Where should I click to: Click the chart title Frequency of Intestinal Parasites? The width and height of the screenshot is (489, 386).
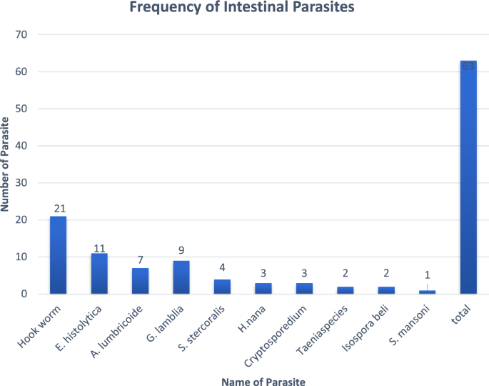pyautogui.click(x=244, y=9)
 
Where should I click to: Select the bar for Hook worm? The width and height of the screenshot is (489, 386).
pyautogui.click(x=58, y=254)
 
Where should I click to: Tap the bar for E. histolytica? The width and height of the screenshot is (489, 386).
pyautogui.click(x=99, y=273)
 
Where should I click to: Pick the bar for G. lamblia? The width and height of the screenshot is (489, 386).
pyautogui.click(x=181, y=277)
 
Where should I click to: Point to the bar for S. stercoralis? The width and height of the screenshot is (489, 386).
pyautogui.click(x=223, y=286)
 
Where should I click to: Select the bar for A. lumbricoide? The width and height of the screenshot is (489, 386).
pyautogui.click(x=140, y=280)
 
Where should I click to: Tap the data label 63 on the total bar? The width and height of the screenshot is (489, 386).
pyautogui.click(x=468, y=66)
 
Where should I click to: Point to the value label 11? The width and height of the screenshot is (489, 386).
pyautogui.click(x=99, y=248)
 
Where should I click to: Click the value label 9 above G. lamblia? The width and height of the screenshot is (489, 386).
pyautogui.click(x=181, y=251)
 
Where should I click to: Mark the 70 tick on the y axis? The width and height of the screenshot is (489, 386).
pyautogui.click(x=21, y=35)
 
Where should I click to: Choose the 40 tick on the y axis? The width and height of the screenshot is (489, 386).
pyautogui.click(x=21, y=146)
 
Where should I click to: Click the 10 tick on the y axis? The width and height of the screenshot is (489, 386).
pyautogui.click(x=21, y=257)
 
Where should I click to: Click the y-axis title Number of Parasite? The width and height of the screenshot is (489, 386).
pyautogui.click(x=6, y=164)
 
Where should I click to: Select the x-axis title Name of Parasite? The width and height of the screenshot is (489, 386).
pyautogui.click(x=263, y=382)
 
